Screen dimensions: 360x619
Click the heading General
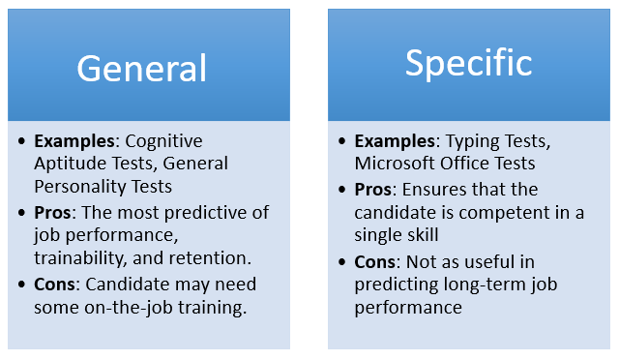tap(142, 68)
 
